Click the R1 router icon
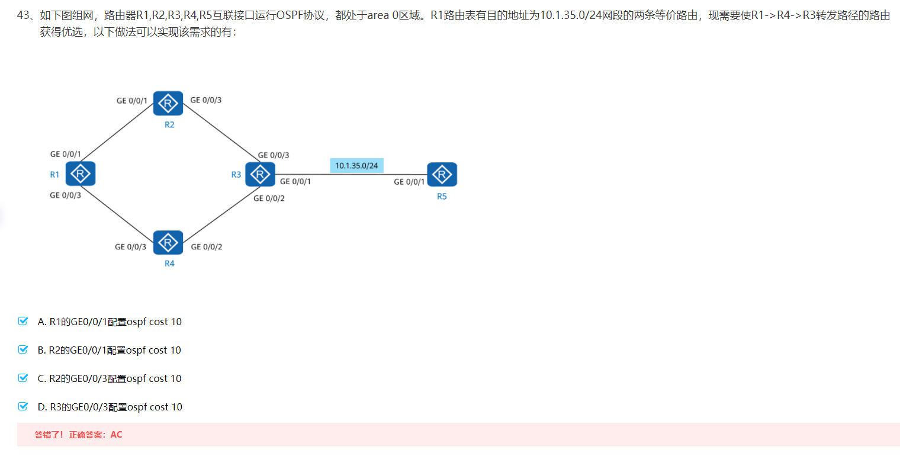pos(81,174)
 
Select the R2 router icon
pos(168,104)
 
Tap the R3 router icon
pos(260,174)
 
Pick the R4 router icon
pos(168,242)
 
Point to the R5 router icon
pos(442,174)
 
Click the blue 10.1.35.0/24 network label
pos(356,165)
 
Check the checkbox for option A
pos(24,321)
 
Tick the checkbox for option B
pos(24,349)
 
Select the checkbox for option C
pos(24,378)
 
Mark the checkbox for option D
pos(24,406)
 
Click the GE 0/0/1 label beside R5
pos(409,182)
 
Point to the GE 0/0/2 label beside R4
pos(207,247)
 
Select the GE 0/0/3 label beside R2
pos(206,100)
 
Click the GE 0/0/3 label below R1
pos(65,195)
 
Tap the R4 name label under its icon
pos(169,264)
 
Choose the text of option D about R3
pos(110,407)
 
